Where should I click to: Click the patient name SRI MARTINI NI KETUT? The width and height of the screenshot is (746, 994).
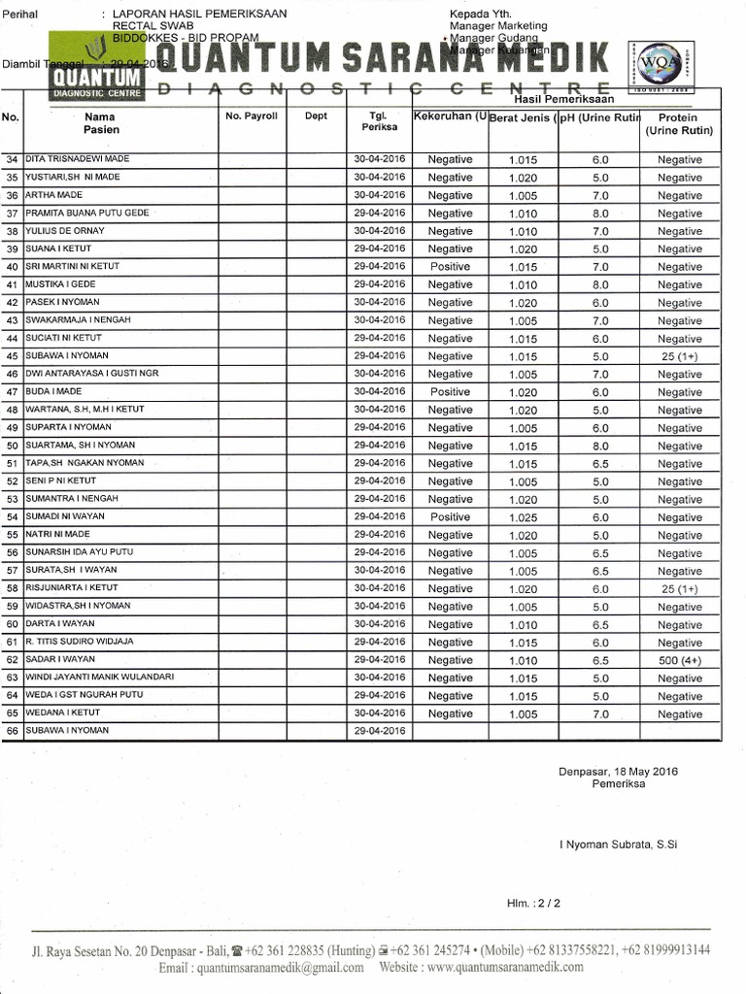[73, 266]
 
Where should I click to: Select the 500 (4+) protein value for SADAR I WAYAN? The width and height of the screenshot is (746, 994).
[679, 660]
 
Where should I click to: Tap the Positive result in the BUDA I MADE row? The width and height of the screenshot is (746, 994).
[450, 392]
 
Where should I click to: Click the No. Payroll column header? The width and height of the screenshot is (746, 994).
[252, 116]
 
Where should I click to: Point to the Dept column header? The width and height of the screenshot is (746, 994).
[316, 116]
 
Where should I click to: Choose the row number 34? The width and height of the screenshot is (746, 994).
[13, 159]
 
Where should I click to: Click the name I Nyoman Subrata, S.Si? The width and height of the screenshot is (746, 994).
[618, 845]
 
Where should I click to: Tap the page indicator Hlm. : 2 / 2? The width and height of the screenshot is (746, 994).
[533, 903]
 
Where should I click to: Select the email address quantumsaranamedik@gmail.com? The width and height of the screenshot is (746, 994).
[264, 967]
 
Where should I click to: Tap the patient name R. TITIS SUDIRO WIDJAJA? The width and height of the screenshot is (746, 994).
[80, 642]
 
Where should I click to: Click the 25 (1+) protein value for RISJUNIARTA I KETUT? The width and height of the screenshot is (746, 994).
[679, 589]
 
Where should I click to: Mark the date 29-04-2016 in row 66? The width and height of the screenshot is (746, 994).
[380, 730]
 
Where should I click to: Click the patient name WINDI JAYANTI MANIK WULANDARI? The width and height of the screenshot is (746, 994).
[99, 677]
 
